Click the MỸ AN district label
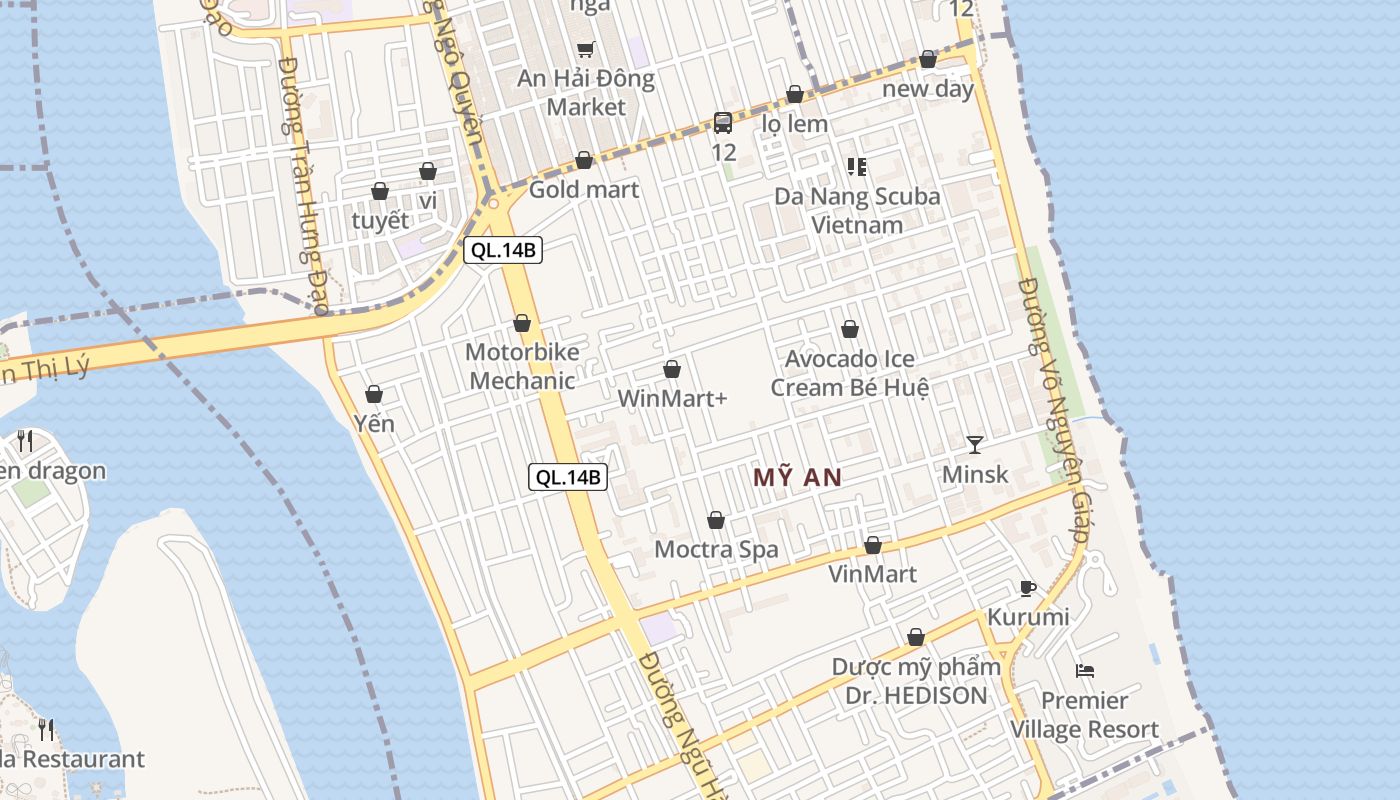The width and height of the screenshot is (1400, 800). click(x=797, y=478)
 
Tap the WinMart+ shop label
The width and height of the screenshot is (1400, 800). click(x=672, y=398)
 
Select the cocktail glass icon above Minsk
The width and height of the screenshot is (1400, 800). click(x=975, y=444)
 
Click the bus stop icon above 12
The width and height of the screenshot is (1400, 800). click(x=723, y=123)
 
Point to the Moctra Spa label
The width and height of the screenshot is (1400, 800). click(x=716, y=549)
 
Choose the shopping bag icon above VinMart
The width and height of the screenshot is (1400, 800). click(x=873, y=545)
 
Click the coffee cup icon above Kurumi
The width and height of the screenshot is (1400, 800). click(x=1027, y=587)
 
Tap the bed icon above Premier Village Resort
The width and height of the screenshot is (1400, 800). click(x=1085, y=670)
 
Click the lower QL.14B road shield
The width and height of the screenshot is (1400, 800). click(x=568, y=477)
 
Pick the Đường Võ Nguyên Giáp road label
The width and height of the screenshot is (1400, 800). click(x=1053, y=410)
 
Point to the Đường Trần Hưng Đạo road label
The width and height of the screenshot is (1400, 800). click(x=304, y=186)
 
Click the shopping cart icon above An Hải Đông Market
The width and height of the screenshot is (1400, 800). click(x=586, y=49)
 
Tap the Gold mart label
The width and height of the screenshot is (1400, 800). click(x=584, y=189)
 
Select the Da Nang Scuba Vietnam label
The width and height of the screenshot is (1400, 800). click(x=857, y=210)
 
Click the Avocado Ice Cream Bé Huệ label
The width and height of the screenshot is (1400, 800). click(x=850, y=372)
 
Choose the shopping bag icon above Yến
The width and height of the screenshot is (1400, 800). click(x=374, y=394)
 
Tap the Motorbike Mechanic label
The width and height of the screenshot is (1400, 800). click(x=522, y=366)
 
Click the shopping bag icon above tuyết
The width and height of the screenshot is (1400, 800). click(x=380, y=191)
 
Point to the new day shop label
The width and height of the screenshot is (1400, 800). click(x=928, y=89)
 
